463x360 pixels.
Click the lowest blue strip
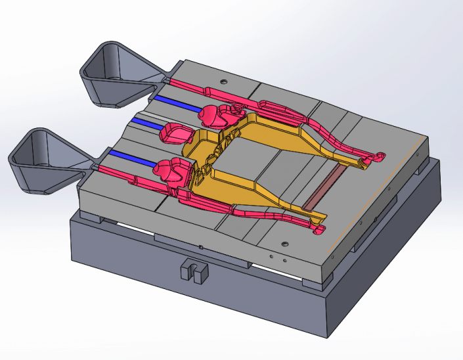(x=131, y=158)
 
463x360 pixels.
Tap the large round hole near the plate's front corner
(x=284, y=244)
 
